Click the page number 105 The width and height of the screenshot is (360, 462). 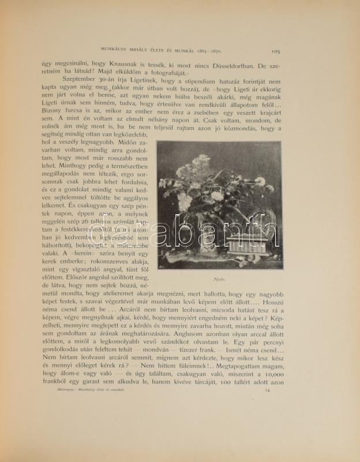(x=275, y=51)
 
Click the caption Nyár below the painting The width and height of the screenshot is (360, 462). (x=219, y=277)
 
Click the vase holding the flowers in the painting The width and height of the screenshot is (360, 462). (x=199, y=231)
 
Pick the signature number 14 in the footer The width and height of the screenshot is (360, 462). (x=267, y=407)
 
